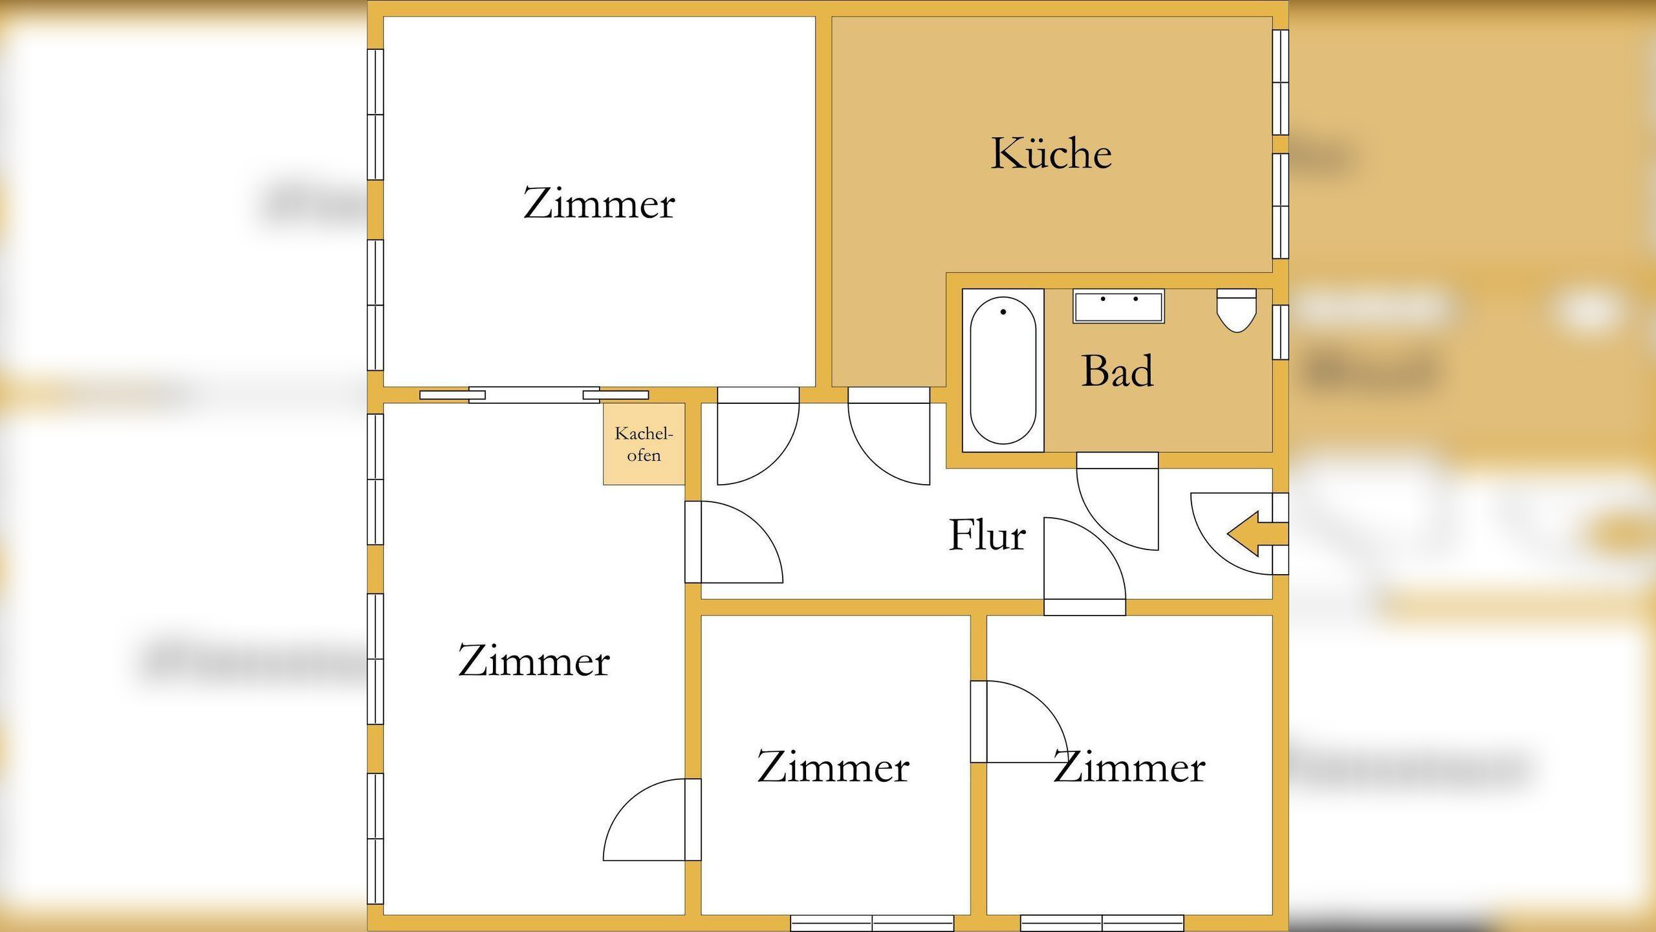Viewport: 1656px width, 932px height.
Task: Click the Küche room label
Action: [1051, 154]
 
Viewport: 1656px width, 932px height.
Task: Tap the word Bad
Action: [1117, 372]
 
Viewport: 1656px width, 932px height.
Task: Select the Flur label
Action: [987, 536]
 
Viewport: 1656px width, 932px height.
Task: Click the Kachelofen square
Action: [644, 444]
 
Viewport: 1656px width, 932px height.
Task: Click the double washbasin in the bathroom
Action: [1118, 306]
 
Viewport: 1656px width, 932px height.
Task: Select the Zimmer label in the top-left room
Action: [598, 204]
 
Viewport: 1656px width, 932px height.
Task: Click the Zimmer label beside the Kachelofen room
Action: [534, 661]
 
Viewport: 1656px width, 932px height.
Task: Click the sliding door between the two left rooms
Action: [534, 395]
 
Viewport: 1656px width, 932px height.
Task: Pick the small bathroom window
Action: [1280, 332]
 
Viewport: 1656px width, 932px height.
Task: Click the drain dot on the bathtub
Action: [1003, 312]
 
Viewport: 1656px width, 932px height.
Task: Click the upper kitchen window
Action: [1280, 82]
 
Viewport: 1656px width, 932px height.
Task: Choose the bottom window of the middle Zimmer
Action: [871, 923]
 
